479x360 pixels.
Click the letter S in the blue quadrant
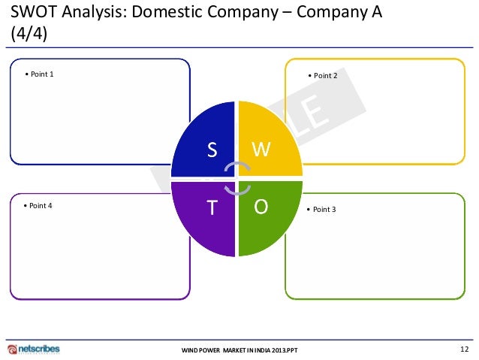(x=212, y=150)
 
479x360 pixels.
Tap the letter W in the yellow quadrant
(x=261, y=150)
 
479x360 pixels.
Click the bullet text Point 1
(x=40, y=74)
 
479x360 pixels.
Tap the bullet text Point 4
(x=38, y=205)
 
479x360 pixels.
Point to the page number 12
(x=463, y=349)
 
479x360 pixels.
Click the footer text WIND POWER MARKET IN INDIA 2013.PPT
(x=240, y=351)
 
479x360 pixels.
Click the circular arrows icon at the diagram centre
(x=237, y=178)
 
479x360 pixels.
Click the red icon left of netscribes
(x=12, y=349)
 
